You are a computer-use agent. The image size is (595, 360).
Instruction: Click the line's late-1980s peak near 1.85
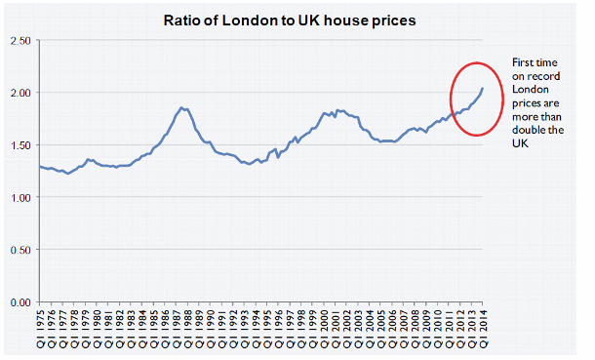pyautogui.click(x=182, y=107)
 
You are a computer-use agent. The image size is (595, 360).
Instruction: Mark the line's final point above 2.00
pyautogui.click(x=482, y=89)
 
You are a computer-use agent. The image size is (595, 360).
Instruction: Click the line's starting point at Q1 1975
pyautogui.click(x=40, y=167)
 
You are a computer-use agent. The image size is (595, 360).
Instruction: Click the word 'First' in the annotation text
pyautogui.click(x=525, y=62)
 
